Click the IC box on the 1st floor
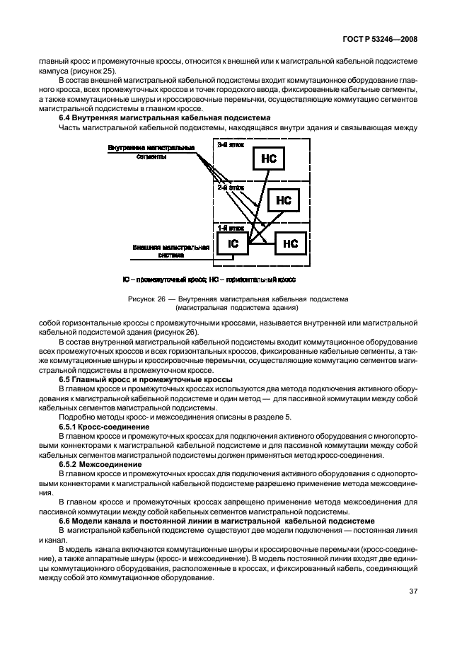[233, 244]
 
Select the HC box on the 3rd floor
[269, 159]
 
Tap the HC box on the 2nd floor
[284, 200]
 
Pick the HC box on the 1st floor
[291, 243]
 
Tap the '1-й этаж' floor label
[229, 228]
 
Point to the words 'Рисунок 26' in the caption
[145, 299]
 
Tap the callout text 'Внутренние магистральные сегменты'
[151, 152]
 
